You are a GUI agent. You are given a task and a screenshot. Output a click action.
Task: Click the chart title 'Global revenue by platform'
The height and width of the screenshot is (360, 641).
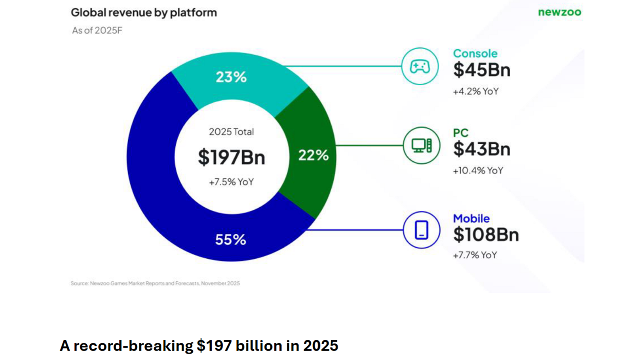coord(144,13)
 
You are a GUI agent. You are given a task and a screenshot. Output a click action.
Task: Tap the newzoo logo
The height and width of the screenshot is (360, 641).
coord(559,12)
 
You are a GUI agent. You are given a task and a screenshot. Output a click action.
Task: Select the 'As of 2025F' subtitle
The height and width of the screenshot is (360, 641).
coord(97,31)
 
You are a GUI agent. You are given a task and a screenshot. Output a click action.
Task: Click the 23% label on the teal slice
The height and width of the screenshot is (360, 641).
coord(231,77)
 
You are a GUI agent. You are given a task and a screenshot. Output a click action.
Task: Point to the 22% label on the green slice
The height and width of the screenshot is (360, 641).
coord(313,155)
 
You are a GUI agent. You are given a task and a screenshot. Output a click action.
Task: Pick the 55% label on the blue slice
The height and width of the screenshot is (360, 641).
coord(230,240)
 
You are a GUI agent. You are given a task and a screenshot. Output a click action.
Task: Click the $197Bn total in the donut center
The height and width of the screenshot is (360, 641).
coord(231,157)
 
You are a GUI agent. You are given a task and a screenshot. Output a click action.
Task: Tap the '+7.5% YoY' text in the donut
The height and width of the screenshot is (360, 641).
coord(231,182)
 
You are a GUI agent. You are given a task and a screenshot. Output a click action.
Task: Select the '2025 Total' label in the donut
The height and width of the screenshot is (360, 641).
coord(231,132)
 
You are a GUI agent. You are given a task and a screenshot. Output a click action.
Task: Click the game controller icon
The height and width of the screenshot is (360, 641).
coord(420,67)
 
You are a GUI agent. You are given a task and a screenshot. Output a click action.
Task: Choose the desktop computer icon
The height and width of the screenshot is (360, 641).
coord(421,146)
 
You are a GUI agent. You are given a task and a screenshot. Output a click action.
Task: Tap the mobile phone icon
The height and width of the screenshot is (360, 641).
coord(421,230)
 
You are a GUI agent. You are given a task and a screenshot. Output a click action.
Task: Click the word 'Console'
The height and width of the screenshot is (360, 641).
coord(475,54)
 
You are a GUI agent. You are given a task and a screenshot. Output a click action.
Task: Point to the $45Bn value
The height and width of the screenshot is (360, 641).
coord(482,70)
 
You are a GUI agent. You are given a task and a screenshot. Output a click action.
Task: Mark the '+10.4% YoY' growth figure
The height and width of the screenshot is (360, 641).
coord(478,171)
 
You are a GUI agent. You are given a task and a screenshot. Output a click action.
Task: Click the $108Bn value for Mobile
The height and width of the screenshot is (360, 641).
coord(486,235)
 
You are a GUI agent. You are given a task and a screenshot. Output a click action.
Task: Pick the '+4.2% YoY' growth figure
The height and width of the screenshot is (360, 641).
coord(476,91)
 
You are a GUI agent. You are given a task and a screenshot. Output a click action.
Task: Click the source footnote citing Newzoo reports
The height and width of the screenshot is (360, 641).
coord(155,284)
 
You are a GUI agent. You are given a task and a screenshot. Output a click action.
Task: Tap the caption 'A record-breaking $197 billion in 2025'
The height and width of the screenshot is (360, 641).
coord(199,345)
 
